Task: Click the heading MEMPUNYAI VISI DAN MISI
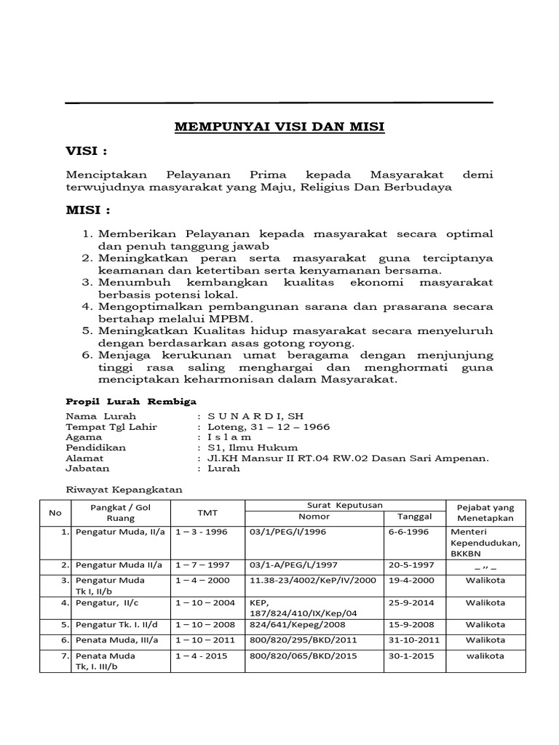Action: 279,127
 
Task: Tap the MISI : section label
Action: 88,210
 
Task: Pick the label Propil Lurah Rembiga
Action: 131,401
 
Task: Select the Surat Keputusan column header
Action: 345,505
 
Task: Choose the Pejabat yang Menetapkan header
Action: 485,512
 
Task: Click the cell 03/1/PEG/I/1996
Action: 289,532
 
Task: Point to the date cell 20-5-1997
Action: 412,565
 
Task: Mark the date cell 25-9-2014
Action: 412,602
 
